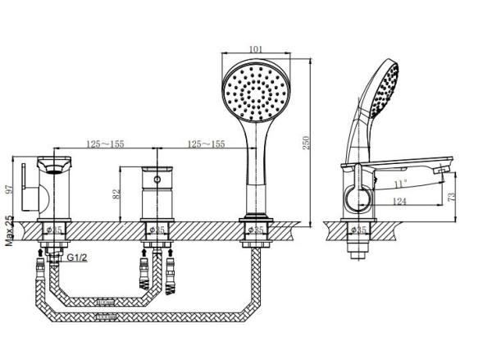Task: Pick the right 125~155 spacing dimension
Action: point(206,144)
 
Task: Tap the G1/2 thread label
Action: point(77,257)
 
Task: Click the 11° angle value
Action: point(399,184)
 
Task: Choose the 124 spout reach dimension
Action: point(399,200)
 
